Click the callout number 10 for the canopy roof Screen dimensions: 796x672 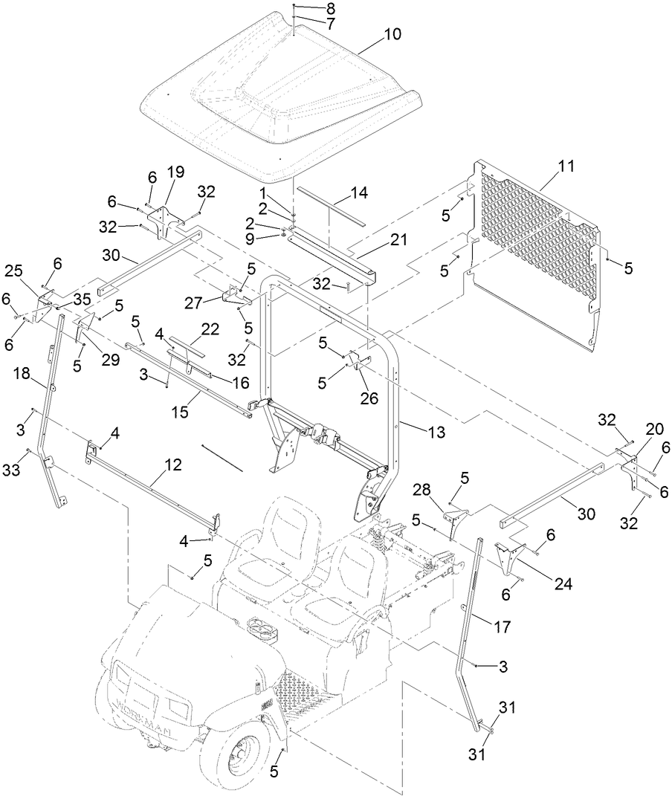[392, 34]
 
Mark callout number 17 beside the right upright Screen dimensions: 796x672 [503, 627]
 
